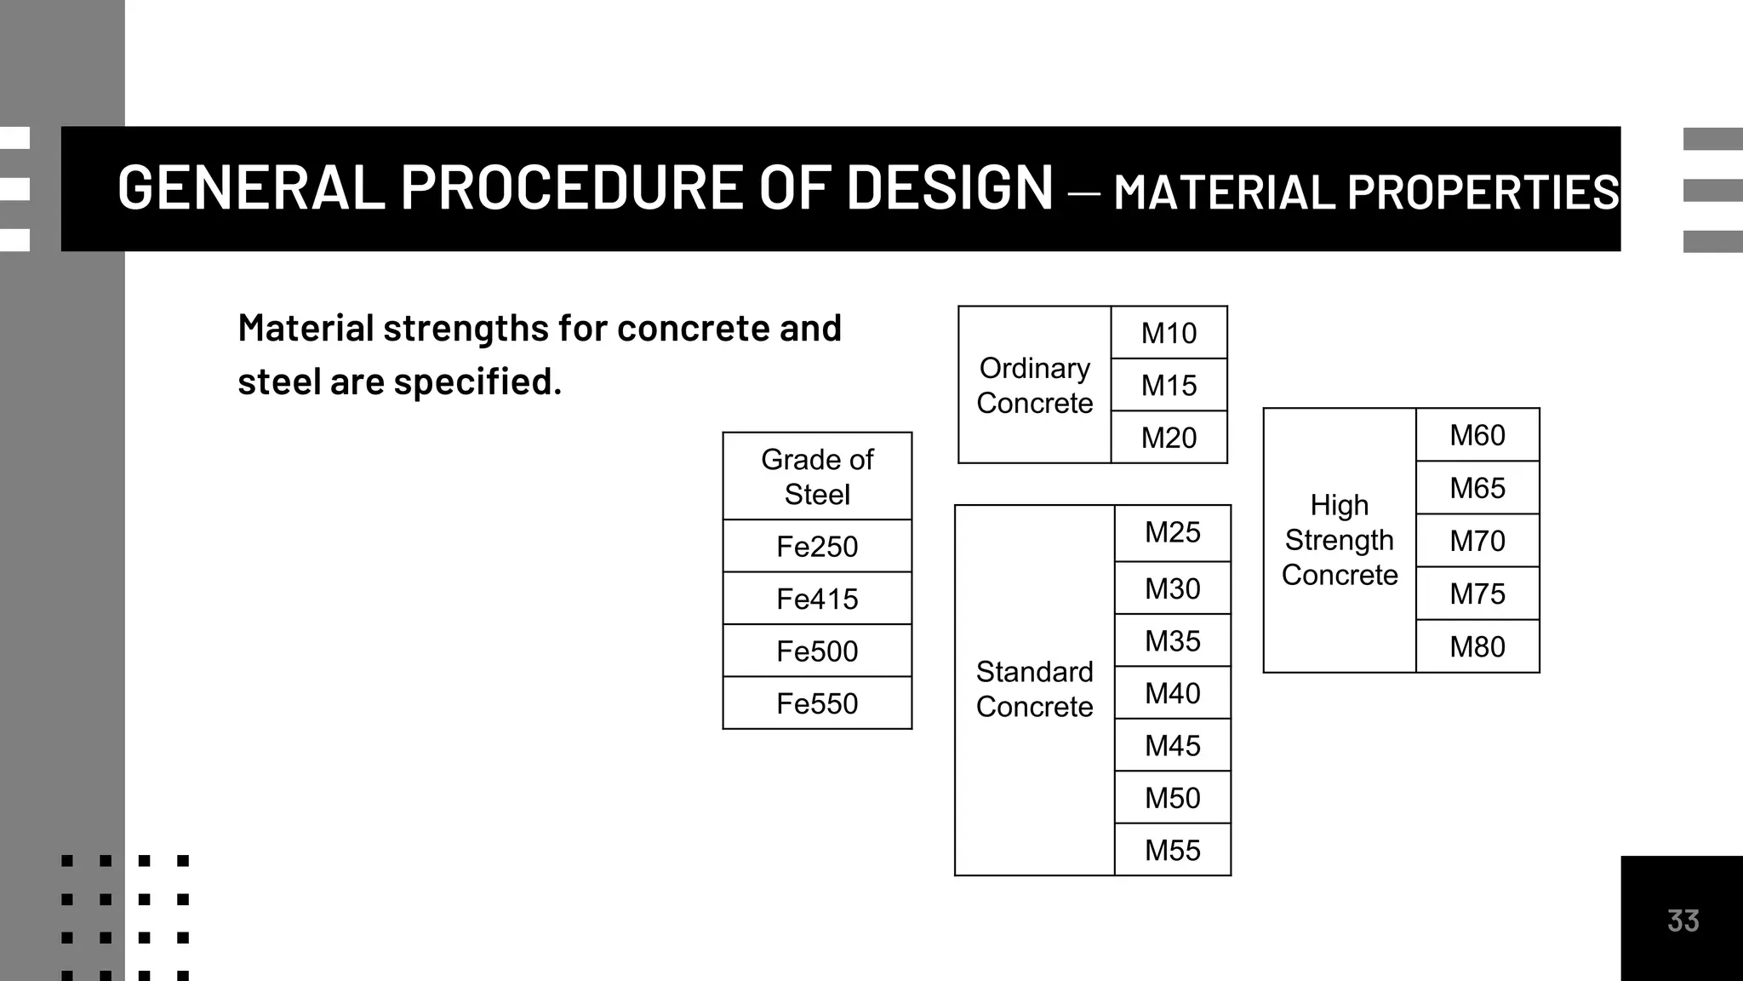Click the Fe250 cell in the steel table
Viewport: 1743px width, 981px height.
tap(817, 547)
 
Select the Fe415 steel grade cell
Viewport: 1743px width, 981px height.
tap(817, 599)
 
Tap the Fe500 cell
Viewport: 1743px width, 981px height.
tap(817, 651)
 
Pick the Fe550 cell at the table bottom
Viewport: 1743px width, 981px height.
tap(817, 703)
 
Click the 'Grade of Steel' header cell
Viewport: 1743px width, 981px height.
tap(817, 477)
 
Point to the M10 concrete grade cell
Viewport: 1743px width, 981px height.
tap(1169, 333)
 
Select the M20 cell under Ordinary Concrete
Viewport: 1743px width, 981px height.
tap(1169, 438)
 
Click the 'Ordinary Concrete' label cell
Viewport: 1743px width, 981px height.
tap(1034, 385)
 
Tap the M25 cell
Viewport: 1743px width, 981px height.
tap(1172, 532)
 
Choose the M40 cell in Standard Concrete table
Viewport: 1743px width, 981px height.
tap(1172, 693)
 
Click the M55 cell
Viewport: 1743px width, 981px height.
tap(1172, 850)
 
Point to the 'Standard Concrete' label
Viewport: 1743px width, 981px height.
tap(1034, 689)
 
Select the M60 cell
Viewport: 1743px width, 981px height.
tap(1477, 435)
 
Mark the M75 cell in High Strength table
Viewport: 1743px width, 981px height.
tap(1477, 594)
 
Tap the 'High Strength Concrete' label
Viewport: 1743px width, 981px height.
tap(1340, 540)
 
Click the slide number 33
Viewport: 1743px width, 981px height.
tap(1683, 921)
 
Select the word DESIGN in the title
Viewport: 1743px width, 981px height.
tap(950, 188)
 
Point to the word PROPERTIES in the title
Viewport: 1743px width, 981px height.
tap(1483, 192)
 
